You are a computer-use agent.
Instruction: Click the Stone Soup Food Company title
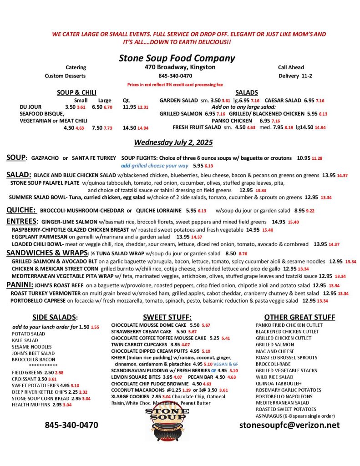(177, 58)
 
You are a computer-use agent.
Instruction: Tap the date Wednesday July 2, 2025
(173, 142)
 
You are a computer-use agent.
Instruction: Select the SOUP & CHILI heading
(76, 92)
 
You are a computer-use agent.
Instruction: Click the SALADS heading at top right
(247, 92)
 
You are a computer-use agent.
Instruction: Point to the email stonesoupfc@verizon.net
(289, 425)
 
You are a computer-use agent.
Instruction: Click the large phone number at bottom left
(71, 425)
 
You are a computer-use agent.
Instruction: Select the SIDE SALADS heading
(55, 317)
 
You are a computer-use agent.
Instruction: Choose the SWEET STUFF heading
(167, 317)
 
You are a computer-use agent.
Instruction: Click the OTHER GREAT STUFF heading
(299, 317)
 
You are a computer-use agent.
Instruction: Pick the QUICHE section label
(21, 210)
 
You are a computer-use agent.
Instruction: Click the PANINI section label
(19, 284)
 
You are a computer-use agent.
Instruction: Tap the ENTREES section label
(21, 221)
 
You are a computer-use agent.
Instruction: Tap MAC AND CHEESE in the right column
(275, 351)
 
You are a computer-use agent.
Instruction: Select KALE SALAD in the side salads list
(25, 340)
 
